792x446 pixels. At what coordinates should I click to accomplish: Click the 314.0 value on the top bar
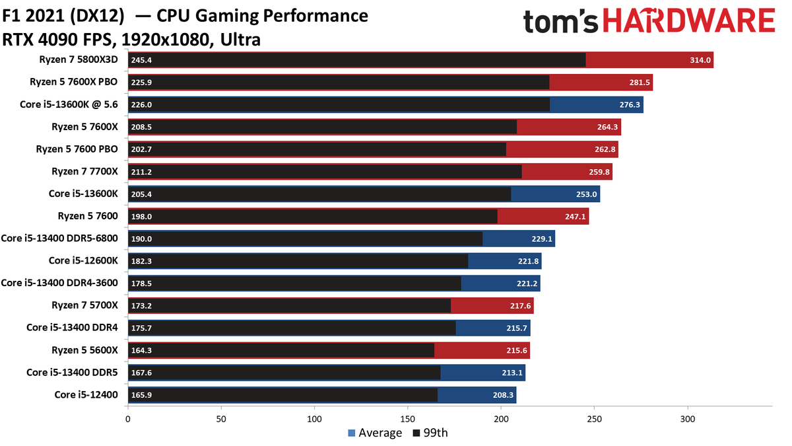coord(700,60)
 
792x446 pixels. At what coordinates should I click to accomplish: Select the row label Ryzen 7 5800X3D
coord(79,59)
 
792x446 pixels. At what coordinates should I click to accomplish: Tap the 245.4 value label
coord(141,60)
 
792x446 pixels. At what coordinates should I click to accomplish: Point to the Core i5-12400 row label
coord(86,394)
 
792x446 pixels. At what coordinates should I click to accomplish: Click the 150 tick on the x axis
coord(408,420)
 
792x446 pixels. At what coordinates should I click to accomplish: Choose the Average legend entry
coord(375,433)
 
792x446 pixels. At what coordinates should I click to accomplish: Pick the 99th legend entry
coord(430,433)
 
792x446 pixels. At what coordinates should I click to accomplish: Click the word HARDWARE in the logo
coord(689,21)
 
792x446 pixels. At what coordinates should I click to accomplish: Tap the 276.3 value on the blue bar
coord(630,105)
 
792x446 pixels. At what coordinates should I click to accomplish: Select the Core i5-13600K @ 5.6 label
coord(69,104)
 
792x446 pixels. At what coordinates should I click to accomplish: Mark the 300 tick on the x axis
coord(688,420)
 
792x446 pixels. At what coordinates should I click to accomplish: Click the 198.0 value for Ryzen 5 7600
coord(141,217)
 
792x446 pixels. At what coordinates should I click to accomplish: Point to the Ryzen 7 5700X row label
coord(84,305)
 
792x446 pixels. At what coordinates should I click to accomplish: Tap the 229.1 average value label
coord(542,239)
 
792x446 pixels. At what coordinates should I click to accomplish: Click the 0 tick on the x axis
coord(127,420)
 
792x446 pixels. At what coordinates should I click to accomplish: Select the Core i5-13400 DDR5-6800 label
coord(59,239)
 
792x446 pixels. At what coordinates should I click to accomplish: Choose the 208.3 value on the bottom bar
coord(503,395)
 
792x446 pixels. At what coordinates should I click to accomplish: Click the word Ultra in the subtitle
coord(240,40)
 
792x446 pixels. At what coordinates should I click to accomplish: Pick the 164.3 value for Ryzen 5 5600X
coord(141,350)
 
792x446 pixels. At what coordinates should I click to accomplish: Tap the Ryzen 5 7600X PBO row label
coord(73,82)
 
